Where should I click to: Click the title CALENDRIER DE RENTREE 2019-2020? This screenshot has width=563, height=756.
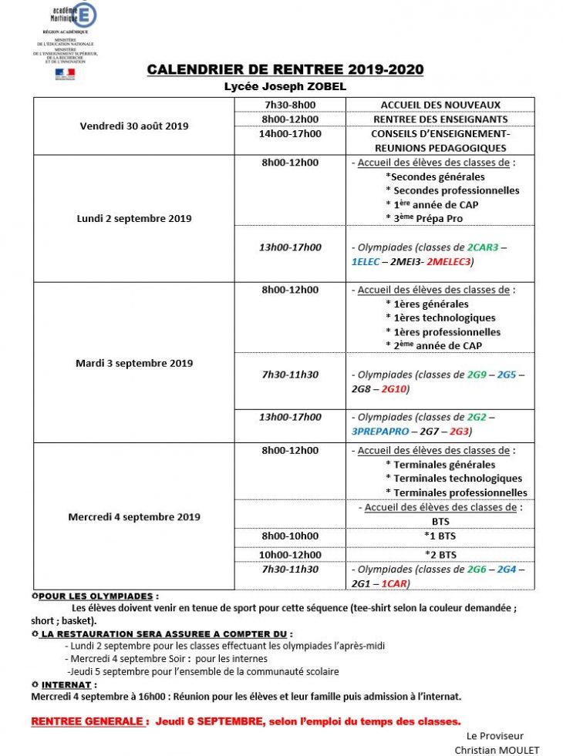coord(285,70)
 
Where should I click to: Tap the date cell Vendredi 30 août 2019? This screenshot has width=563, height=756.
coord(134,126)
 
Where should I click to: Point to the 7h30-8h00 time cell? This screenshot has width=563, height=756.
coord(289,105)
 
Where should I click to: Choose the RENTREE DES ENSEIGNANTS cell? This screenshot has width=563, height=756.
coord(440,119)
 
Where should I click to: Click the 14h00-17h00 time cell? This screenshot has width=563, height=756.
coord(289,133)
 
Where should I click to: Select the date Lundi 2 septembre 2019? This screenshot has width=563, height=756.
coord(134,218)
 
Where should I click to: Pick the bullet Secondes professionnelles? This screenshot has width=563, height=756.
coord(456,190)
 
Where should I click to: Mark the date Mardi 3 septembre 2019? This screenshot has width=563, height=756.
coord(134,363)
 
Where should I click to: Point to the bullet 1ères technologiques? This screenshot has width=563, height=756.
coord(444,318)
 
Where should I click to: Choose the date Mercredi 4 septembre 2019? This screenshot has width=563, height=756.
coord(134,516)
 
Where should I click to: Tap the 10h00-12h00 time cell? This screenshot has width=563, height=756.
coord(289,554)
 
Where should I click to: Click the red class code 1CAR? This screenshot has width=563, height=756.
coord(394,583)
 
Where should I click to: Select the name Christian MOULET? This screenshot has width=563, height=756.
coord(497,750)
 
